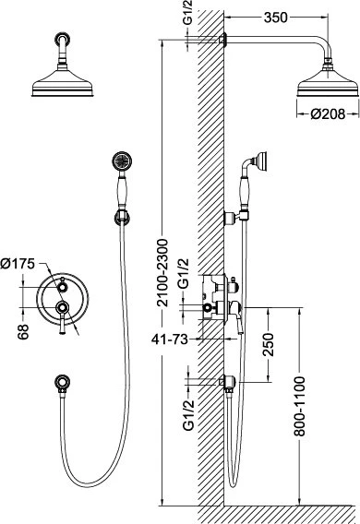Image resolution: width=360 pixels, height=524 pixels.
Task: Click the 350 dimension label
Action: click(x=275, y=18)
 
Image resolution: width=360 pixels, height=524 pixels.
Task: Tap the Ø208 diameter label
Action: click(x=328, y=114)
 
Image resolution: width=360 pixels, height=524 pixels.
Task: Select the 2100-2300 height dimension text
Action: click(x=163, y=272)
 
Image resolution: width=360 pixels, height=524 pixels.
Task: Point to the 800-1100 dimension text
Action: click(x=299, y=406)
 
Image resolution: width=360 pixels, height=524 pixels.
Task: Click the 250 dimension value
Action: click(x=269, y=344)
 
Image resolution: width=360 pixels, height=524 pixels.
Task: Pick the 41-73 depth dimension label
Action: click(x=170, y=339)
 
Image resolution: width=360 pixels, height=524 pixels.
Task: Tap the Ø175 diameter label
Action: click(x=18, y=264)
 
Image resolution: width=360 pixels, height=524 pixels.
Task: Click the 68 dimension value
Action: click(x=23, y=332)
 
